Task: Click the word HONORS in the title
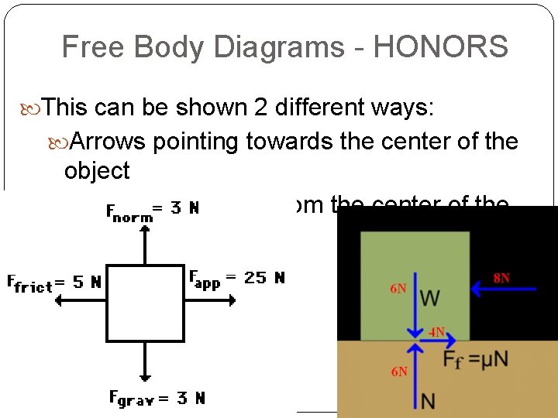(x=440, y=47)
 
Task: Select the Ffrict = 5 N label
(x=53, y=283)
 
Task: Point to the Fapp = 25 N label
(x=236, y=277)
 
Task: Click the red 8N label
(x=502, y=277)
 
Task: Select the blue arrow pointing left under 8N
(x=505, y=290)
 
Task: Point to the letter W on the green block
(x=431, y=296)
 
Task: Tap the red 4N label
(x=437, y=333)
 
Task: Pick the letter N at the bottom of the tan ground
(x=428, y=400)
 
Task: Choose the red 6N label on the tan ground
(x=399, y=372)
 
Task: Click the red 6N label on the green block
(x=398, y=289)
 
